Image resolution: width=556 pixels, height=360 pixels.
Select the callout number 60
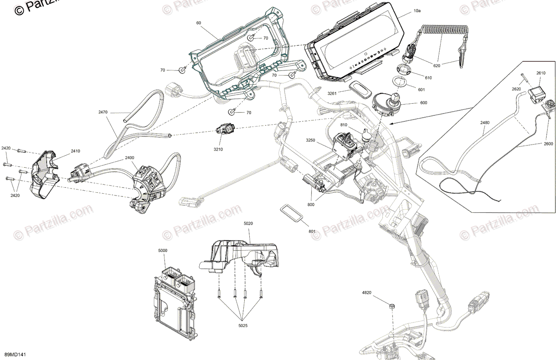199,23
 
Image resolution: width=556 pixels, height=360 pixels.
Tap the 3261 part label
332,93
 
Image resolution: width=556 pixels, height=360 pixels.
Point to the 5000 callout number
163,250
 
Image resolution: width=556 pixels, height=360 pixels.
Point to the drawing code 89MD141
12,354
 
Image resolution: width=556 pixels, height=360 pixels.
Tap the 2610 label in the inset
541,73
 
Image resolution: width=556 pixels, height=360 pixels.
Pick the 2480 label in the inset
485,123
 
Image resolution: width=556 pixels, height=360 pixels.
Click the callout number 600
423,103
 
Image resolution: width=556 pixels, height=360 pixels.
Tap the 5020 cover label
249,224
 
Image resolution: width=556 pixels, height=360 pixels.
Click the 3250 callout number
310,140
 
